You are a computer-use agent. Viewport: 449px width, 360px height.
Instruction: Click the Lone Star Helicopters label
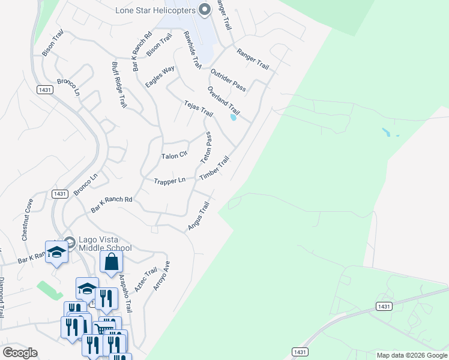[x=155, y=10]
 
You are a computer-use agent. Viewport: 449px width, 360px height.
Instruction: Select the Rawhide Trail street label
[x=192, y=49]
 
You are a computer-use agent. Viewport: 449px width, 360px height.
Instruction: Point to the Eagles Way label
[x=160, y=77]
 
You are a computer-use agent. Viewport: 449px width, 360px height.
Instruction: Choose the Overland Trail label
[x=223, y=101]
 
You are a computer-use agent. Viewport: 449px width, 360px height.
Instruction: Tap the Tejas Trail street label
[x=199, y=109]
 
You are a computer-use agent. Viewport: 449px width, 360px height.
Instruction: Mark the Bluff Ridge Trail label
[x=119, y=85]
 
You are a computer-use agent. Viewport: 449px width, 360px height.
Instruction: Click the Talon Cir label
[x=175, y=156]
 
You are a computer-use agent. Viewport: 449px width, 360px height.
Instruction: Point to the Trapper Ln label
[x=169, y=181]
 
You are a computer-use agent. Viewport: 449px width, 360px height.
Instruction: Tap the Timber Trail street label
[x=214, y=167]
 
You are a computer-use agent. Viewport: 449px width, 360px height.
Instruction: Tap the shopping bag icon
[x=111, y=262]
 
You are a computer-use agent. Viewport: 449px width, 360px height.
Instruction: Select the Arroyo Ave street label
[x=161, y=275]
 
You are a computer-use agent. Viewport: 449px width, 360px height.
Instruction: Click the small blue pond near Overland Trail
[x=233, y=118]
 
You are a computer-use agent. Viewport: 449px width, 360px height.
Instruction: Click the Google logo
[x=20, y=353]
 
